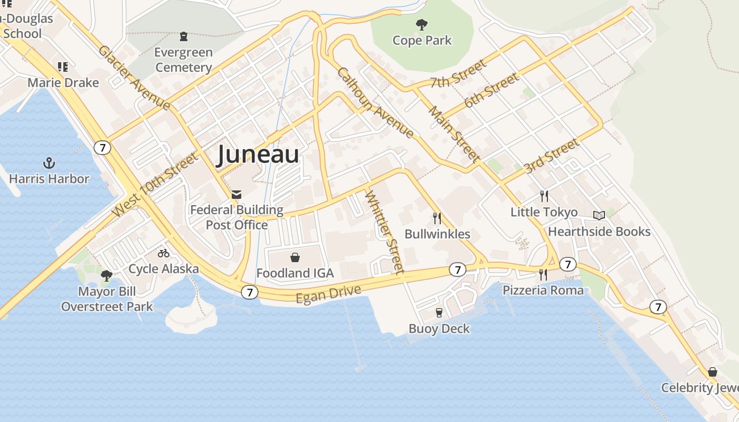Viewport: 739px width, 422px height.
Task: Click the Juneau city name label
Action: pyautogui.click(x=258, y=155)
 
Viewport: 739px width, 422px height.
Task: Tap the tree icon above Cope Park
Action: pyautogui.click(x=421, y=24)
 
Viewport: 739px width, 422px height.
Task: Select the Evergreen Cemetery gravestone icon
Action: pyautogui.click(x=183, y=36)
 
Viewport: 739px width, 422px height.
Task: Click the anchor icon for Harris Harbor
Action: pyautogui.click(x=49, y=163)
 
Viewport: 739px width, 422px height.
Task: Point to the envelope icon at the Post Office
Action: pyautogui.click(x=236, y=195)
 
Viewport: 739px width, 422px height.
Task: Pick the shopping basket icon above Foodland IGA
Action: pyautogui.click(x=295, y=257)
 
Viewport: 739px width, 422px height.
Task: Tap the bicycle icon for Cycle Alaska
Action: pyautogui.click(x=164, y=253)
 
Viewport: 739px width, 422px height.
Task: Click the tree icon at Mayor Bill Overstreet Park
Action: pyautogui.click(x=106, y=275)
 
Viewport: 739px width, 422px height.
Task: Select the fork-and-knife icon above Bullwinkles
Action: pyautogui.click(x=437, y=218)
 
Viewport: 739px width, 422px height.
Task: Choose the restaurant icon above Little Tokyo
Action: pyautogui.click(x=544, y=196)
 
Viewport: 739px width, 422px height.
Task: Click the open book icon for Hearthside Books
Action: pyautogui.click(x=599, y=215)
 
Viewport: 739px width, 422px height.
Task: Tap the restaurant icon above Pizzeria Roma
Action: pyautogui.click(x=543, y=274)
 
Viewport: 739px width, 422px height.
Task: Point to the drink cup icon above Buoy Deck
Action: pyautogui.click(x=439, y=313)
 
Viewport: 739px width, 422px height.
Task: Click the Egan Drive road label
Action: pyautogui.click(x=328, y=294)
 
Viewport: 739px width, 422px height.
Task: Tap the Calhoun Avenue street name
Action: pyautogui.click(x=375, y=102)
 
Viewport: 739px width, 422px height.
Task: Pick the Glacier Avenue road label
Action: pyautogui.click(x=134, y=78)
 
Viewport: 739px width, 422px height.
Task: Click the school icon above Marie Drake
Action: pyautogui.click(x=63, y=67)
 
